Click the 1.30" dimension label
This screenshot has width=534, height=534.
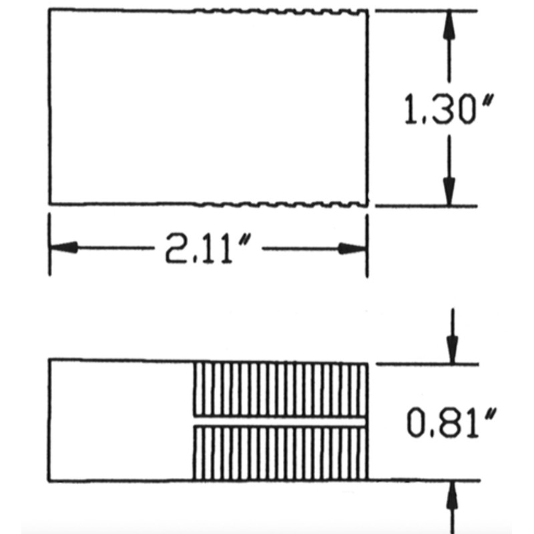pos(449,109)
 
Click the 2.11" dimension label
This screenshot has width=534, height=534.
pos(208,248)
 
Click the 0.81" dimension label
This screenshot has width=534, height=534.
pos(451,423)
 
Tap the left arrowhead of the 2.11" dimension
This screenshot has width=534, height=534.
pos(64,248)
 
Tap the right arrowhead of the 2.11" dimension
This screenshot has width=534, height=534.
pos(352,248)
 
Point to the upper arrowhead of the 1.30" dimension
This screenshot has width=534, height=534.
pos(449,25)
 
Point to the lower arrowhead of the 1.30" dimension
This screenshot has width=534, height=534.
pos(449,192)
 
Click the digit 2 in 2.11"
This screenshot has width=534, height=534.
pos(176,248)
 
